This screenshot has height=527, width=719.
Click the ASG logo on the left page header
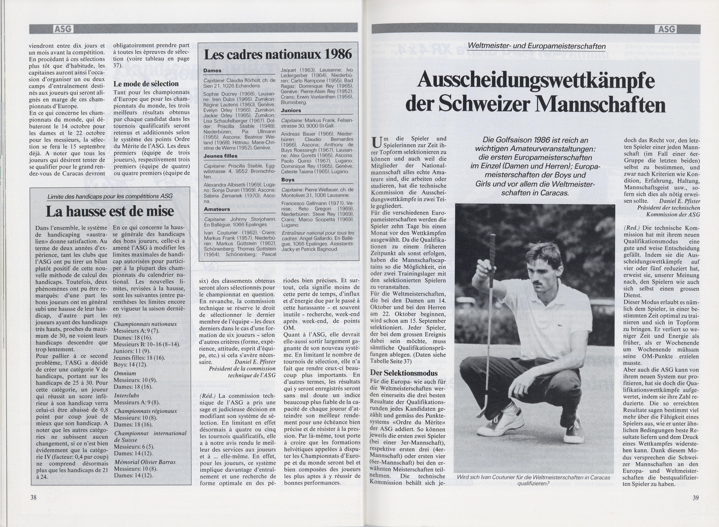(63, 29)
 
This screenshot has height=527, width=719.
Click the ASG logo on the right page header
(666, 29)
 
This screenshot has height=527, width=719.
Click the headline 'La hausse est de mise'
(110, 211)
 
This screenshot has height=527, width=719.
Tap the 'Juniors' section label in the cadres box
(291, 110)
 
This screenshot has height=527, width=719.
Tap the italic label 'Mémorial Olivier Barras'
(145, 462)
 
